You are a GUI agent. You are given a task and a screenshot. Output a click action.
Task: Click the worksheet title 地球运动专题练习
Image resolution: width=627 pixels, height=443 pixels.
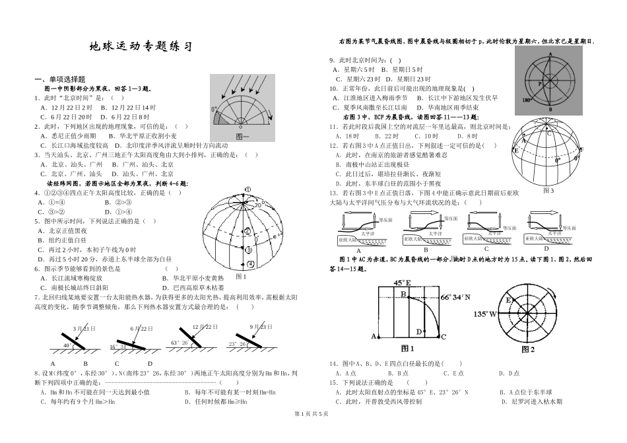141,48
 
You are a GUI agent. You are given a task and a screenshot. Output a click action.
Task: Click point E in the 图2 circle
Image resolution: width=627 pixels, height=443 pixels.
508,300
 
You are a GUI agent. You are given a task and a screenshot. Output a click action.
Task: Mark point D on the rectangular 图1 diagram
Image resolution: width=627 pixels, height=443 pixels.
418,331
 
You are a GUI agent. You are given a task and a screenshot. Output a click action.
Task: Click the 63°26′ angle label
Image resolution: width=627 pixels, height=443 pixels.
180,343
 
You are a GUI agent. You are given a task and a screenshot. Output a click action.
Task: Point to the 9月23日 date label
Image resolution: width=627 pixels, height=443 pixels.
262,327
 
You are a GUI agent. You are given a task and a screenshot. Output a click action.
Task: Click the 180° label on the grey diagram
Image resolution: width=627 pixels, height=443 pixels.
527,100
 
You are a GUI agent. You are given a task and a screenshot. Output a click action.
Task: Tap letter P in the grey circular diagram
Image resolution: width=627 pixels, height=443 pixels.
540,85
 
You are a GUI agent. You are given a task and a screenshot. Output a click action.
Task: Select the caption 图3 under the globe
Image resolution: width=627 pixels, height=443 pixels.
547,190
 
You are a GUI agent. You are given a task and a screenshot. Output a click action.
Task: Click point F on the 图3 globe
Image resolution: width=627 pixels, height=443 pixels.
581,149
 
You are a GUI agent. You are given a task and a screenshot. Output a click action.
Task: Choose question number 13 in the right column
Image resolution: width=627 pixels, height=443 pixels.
334,193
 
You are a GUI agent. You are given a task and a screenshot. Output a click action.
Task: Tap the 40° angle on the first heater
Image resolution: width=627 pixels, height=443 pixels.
67,345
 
